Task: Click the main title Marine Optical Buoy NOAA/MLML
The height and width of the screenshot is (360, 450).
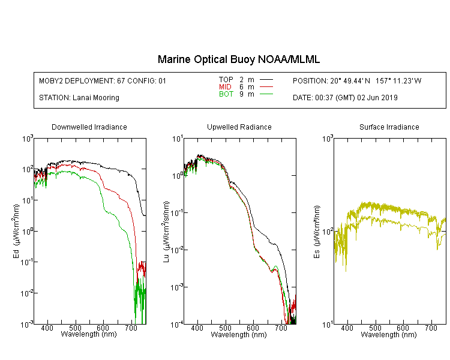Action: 238,60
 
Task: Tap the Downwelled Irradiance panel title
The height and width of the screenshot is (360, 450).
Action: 89,127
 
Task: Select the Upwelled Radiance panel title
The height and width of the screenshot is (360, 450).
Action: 239,127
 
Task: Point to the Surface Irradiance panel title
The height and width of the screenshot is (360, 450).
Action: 389,127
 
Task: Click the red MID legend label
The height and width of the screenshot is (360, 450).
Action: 225,86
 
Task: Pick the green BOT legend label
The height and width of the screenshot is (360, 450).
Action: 226,94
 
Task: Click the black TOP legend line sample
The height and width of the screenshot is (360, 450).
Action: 266,79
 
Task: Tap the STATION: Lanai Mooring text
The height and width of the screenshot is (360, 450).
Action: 79,98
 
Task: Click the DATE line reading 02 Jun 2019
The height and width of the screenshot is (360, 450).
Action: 345,98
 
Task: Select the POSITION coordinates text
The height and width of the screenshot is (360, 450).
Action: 357,81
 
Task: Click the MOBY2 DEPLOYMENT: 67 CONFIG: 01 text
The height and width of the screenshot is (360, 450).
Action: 103,81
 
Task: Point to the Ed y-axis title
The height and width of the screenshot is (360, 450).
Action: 16,231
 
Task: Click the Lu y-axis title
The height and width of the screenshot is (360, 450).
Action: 166,232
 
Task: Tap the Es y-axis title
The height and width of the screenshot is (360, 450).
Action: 317,232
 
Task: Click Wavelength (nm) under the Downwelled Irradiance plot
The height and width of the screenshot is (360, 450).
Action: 89,334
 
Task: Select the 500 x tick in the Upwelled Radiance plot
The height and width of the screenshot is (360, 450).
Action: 225,328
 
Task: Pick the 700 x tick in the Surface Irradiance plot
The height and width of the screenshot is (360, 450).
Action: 431,328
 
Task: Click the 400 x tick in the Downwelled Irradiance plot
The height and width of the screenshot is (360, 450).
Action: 47,328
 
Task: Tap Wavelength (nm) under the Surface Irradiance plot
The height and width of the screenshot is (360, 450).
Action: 389,335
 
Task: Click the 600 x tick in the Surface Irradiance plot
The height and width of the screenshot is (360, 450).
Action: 403,328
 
